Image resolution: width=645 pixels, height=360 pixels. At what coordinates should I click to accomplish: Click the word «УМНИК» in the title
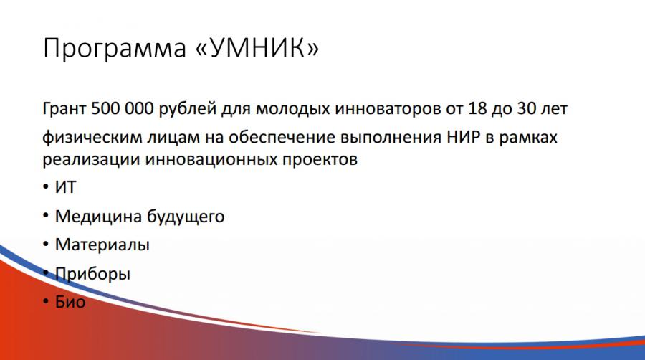pos(257,48)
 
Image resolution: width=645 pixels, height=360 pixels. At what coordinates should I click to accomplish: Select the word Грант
pos(64,108)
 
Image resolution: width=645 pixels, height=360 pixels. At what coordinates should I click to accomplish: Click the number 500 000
pos(122,108)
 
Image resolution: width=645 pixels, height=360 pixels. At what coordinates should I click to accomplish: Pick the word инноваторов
pos(388,109)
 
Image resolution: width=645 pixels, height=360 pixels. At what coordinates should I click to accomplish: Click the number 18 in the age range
pos(477,108)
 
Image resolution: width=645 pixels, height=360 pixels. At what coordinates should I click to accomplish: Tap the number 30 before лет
pos(527,108)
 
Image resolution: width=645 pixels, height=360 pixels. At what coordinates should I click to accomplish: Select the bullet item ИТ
pos(66,188)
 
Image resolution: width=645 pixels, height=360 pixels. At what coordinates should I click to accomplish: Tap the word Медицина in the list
pos(99,217)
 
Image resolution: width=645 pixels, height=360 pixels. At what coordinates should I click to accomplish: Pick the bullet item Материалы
pos(102,245)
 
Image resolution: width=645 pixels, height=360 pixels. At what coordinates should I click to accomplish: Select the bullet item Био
pos(70,303)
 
